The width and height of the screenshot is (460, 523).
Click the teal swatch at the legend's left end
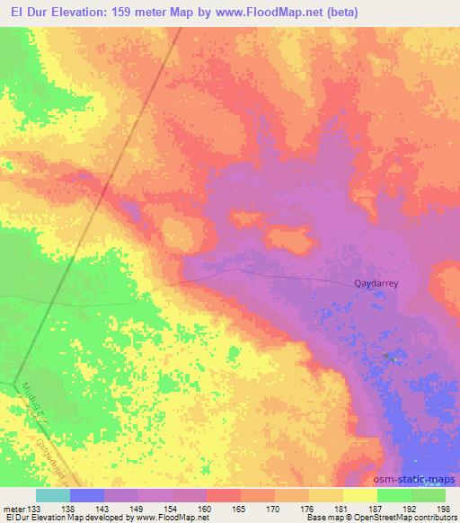(53, 495)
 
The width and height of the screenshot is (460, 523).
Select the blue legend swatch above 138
(87, 495)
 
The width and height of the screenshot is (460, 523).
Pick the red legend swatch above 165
(224, 495)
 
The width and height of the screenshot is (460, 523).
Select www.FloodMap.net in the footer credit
(170, 519)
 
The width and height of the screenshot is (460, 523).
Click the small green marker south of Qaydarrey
(389, 357)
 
